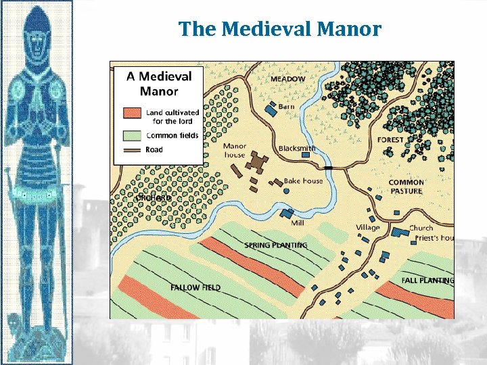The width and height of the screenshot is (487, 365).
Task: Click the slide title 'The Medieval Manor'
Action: tap(280, 29)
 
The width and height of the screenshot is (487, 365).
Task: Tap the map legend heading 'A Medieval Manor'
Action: tap(159, 83)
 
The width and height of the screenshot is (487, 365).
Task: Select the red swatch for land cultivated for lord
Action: tap(133, 112)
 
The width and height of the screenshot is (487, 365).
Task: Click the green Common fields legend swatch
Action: tap(133, 135)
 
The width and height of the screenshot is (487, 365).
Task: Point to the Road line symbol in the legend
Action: tap(133, 149)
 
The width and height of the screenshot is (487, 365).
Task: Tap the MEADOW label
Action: tap(287, 79)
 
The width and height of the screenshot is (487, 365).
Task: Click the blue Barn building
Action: tap(271, 108)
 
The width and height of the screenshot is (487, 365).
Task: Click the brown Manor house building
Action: tap(256, 162)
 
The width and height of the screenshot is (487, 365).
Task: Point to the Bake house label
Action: tap(303, 181)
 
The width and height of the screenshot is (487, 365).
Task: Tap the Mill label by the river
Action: tap(297, 222)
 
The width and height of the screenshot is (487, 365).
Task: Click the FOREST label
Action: tap(390, 140)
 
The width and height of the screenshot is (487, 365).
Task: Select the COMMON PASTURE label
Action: tap(406, 187)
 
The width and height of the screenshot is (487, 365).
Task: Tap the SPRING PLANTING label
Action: tap(276, 245)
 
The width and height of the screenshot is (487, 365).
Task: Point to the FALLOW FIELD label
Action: tap(195, 287)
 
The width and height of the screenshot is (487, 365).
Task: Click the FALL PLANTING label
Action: tap(427, 280)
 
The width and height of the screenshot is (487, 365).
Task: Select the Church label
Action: tap(421, 228)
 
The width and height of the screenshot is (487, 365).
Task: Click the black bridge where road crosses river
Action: tap(329, 166)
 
